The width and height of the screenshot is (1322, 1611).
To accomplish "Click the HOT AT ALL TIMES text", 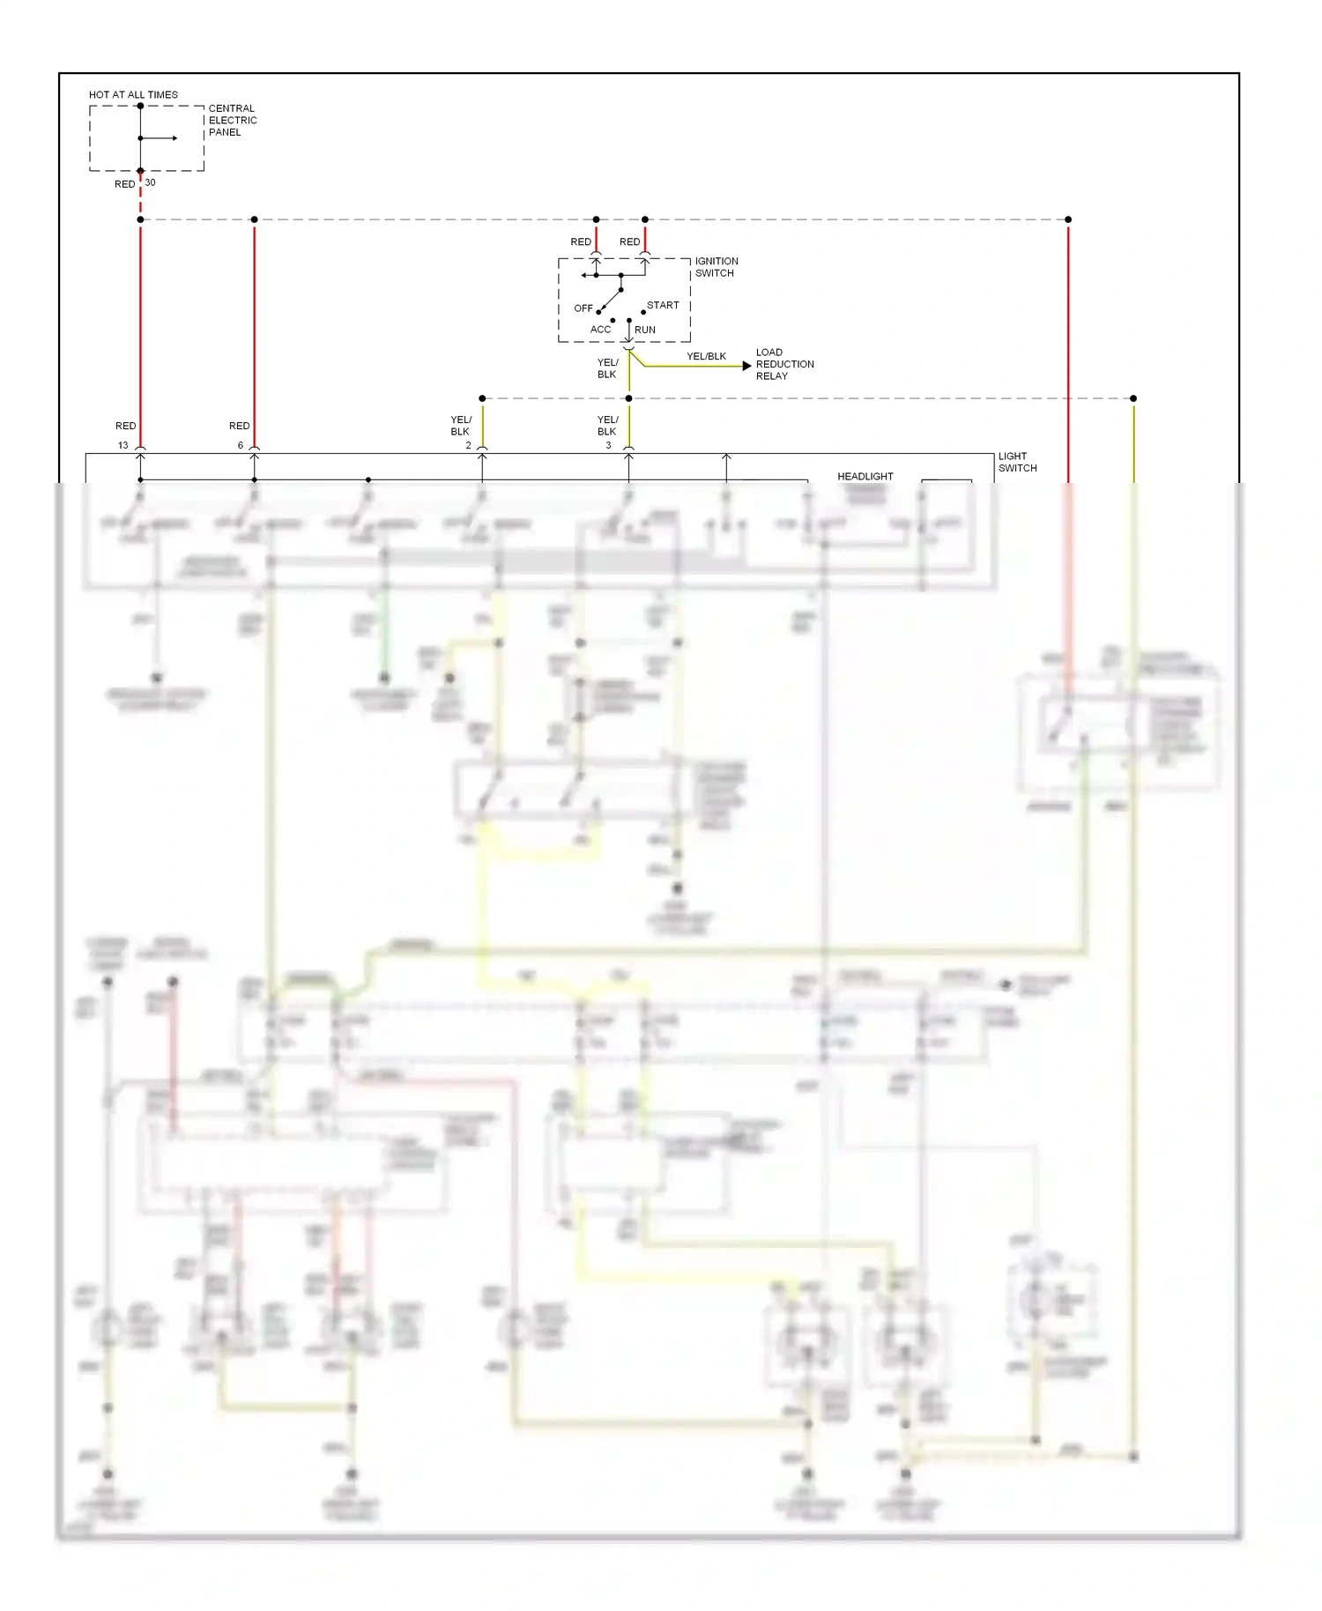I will point(133,94).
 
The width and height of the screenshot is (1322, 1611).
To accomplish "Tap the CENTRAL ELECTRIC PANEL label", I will point(232,120).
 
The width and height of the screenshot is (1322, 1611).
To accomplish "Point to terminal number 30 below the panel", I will point(150,182).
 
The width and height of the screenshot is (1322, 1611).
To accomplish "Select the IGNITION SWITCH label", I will point(716,267).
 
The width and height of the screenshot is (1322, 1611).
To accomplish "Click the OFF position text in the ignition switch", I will point(583,308).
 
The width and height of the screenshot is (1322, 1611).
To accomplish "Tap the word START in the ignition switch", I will point(663,305).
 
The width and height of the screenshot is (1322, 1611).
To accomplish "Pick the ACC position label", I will point(600,330).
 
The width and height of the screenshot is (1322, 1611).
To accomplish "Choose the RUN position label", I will point(645,330).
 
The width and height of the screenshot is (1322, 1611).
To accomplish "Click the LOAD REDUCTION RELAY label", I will point(784,364).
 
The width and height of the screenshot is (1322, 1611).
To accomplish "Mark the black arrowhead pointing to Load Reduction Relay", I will point(747,365).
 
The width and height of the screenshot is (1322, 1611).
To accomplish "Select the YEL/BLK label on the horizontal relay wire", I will point(706,356).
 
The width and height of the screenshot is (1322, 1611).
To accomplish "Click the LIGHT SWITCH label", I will point(1017,462).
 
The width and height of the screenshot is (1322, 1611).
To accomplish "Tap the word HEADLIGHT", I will point(865,476).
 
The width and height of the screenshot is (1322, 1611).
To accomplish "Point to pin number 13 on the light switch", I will point(123,445).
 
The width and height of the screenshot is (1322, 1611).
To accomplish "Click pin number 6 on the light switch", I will point(240,445).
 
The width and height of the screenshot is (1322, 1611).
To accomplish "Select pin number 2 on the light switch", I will point(468,445).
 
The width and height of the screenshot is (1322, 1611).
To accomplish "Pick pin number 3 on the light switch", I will point(608,445).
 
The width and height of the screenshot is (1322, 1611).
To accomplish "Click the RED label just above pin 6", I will point(239,426).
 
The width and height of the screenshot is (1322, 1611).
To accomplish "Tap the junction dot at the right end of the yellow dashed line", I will point(1133,398).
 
